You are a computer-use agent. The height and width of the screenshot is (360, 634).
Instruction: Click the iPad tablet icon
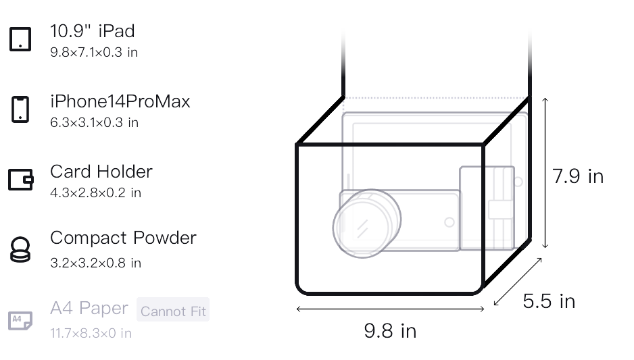[20, 39]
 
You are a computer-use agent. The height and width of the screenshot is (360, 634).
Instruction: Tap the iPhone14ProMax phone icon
[20, 109]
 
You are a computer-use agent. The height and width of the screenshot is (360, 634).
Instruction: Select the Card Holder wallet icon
[21, 180]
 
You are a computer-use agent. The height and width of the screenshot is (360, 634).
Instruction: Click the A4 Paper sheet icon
[20, 321]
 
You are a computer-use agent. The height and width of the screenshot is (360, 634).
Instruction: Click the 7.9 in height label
[578, 176]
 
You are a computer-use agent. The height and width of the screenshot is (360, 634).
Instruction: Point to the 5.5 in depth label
[549, 301]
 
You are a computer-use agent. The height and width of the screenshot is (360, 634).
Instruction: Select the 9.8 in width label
[390, 331]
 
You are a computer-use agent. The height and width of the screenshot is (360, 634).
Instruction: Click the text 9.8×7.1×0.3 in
[94, 53]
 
